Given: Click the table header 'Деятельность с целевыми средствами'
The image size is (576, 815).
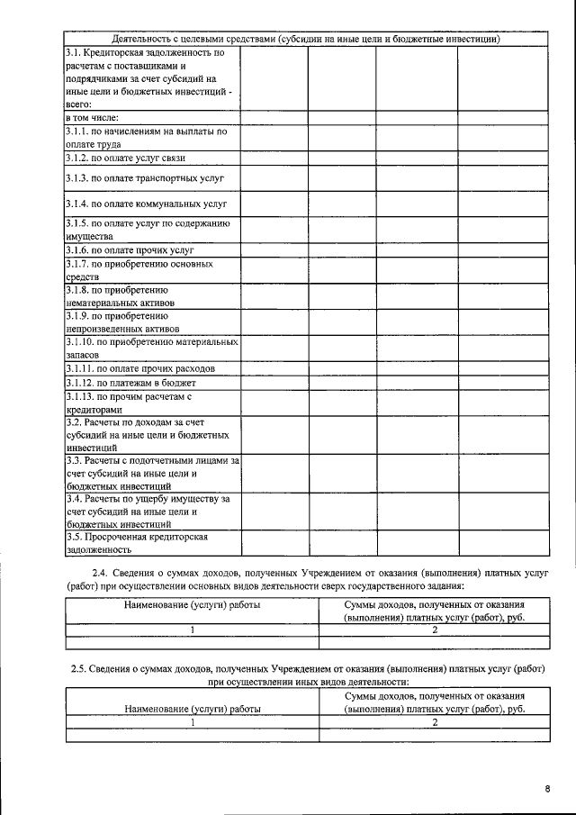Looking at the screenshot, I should click(x=305, y=40).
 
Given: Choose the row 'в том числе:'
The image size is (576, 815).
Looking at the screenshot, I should click(x=93, y=118).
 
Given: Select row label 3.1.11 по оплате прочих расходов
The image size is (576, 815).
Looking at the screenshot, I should click(x=140, y=369).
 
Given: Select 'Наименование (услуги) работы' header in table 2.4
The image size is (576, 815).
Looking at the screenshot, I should click(x=192, y=605).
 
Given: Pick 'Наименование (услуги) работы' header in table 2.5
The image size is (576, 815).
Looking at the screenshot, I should click(x=192, y=709).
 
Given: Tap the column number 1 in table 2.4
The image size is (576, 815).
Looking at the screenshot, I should click(x=192, y=629).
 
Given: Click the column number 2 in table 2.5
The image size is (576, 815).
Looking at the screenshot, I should click(x=435, y=722).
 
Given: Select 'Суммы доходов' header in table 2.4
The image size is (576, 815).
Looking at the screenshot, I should click(x=435, y=611).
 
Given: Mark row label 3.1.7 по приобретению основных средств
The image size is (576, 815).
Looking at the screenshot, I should click(x=139, y=271).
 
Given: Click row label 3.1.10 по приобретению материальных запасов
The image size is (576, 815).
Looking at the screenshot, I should click(x=152, y=349).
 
